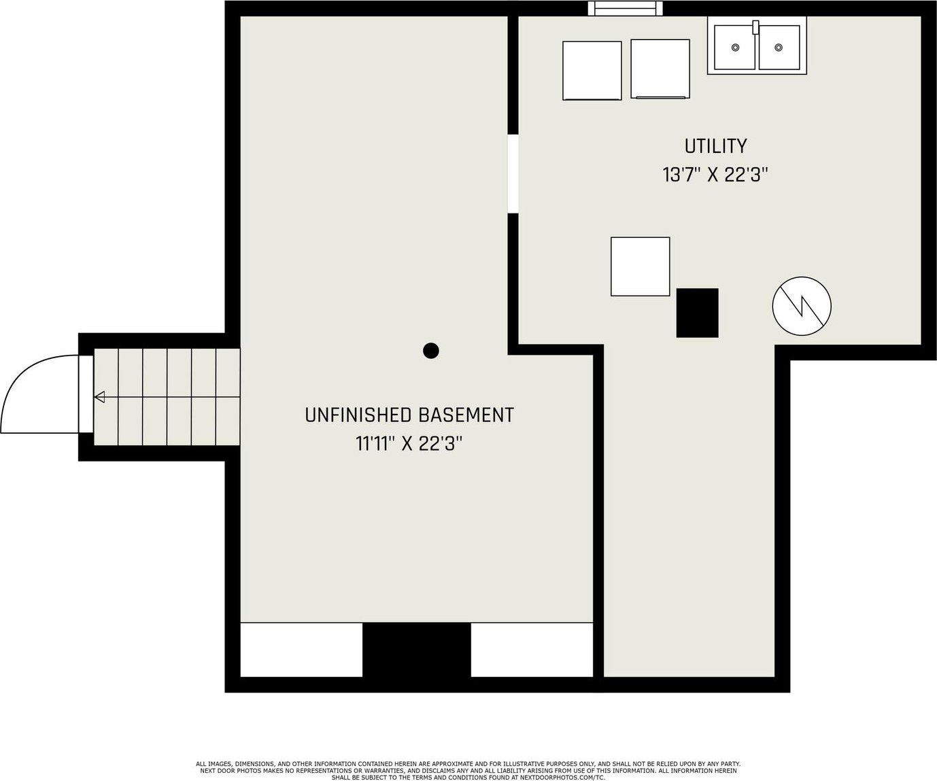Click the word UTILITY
[715, 146]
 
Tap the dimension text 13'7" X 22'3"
[715, 175]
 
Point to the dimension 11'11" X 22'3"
[409, 444]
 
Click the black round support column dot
[431, 350]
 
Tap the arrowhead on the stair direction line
[100, 397]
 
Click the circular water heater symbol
[802, 306]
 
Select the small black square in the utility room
[697, 313]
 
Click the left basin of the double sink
[734, 47]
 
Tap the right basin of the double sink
[779, 47]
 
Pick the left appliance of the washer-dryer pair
[592, 71]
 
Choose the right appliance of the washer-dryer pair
[660, 69]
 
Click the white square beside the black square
[640, 266]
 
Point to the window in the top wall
[625, 8]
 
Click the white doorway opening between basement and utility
[513, 173]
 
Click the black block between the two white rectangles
[416, 650]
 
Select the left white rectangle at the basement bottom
[301, 650]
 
